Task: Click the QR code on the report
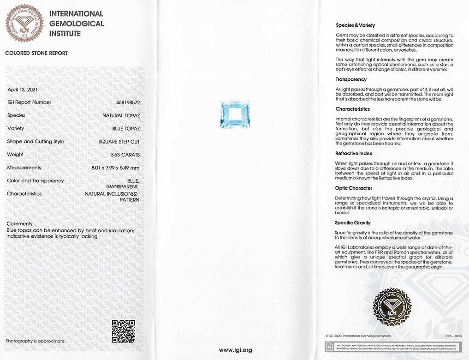123,331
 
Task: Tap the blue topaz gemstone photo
235,114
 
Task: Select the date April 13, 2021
22,89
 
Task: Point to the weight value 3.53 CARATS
125,155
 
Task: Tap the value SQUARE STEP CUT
119,142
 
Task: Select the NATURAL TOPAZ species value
121,115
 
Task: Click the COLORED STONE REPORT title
36,53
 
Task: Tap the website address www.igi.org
235,350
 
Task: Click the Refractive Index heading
354,153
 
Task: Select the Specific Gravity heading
353,223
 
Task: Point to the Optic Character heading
354,188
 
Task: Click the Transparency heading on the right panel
351,79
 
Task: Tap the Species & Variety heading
356,25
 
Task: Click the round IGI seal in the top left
24,24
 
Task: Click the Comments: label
20,223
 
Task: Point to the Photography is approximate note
35,341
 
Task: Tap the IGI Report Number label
29,102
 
